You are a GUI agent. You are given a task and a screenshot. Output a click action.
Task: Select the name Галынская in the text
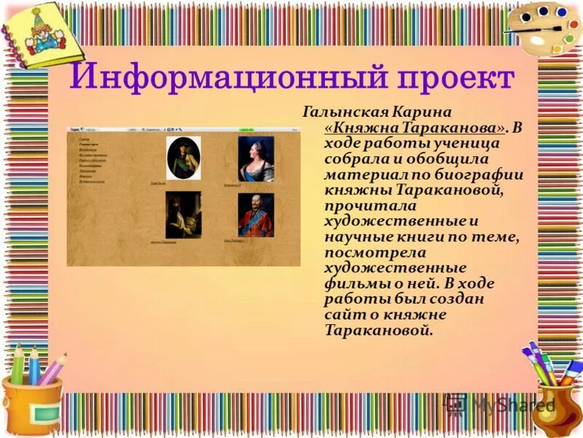tap(343, 113)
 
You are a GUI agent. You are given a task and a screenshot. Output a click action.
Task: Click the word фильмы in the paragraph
tap(351, 283)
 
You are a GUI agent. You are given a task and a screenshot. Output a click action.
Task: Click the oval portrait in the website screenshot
tap(183, 158)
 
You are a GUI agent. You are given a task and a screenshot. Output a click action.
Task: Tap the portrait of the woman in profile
tap(256, 158)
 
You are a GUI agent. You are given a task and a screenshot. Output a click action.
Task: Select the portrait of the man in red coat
tap(256, 215)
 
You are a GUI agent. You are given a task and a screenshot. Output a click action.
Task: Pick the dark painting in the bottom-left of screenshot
tap(183, 215)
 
